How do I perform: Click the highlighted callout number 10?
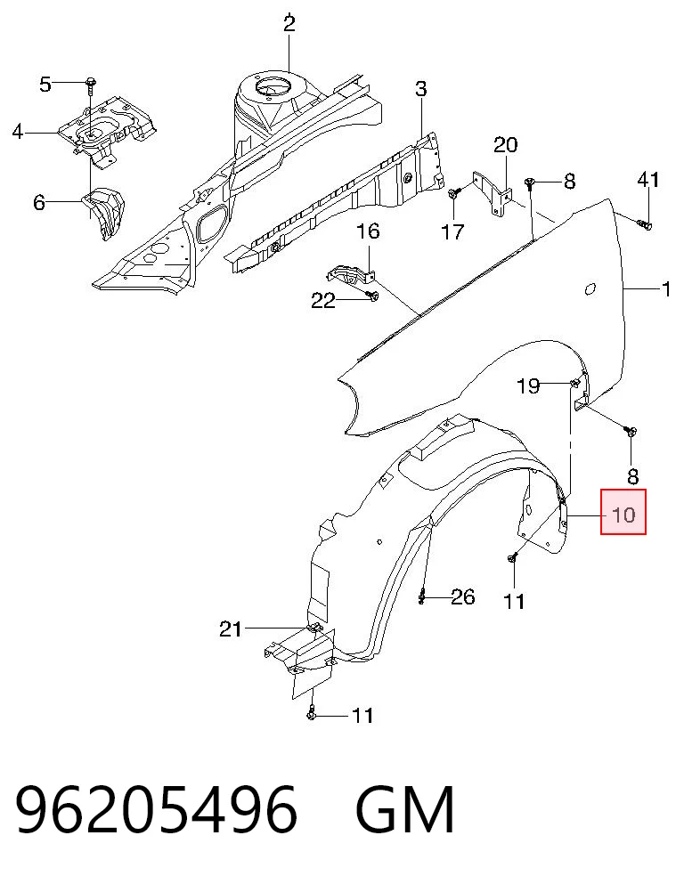point(623,515)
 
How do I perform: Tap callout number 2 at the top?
point(289,24)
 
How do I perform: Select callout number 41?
point(647,180)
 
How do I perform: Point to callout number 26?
point(463,596)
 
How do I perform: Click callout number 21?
point(230,629)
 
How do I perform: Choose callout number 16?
point(368,231)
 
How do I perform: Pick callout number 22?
point(323,301)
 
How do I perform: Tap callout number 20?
point(505,145)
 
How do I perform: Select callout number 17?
point(452,231)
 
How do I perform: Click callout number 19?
point(528,386)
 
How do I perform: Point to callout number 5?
point(45,85)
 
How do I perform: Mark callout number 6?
point(39,202)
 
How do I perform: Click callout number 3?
point(421,89)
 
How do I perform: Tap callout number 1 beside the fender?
point(667,290)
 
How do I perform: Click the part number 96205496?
point(156,810)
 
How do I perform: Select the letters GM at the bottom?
point(405,810)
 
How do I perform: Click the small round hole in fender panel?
point(589,289)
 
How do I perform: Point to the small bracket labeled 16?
point(351,273)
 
